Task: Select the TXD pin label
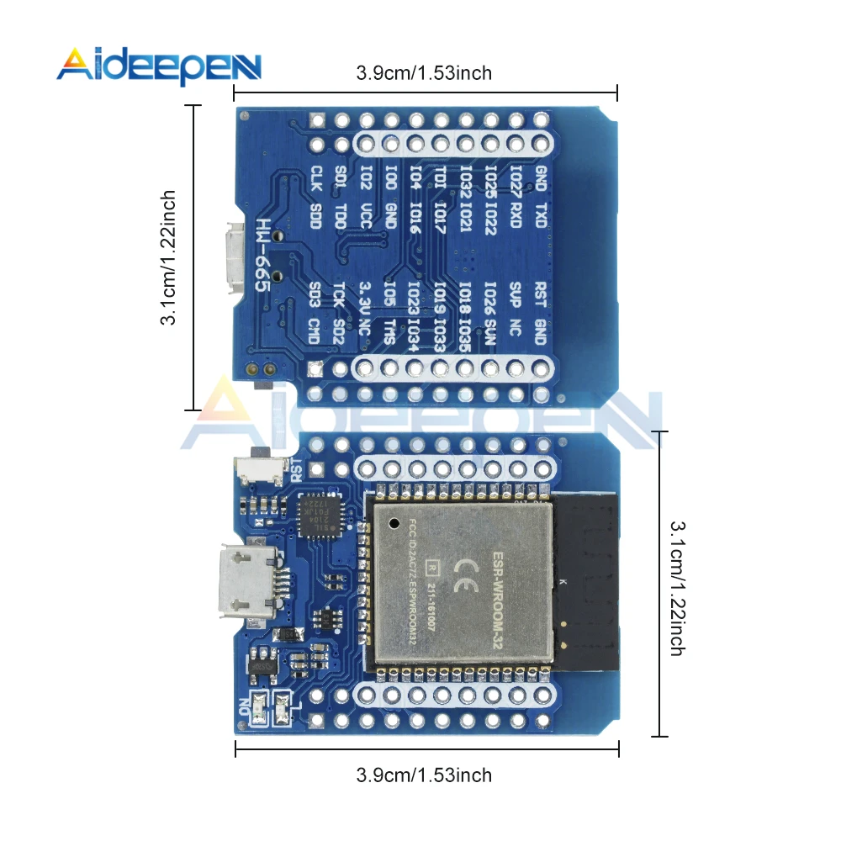(x=541, y=212)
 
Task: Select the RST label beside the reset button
(x=295, y=468)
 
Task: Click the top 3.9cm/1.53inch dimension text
(x=424, y=73)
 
